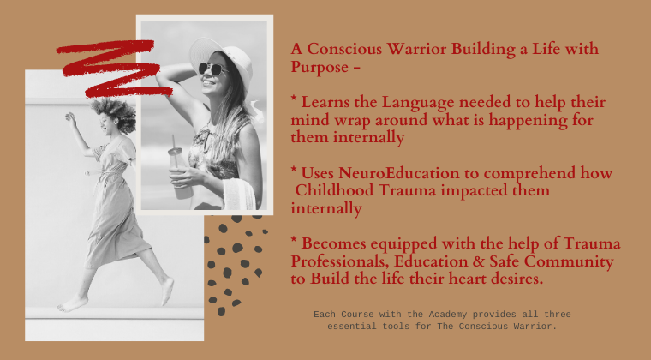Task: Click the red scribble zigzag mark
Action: [114, 68]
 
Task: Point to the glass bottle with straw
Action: [177, 168]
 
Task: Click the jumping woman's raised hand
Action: [71, 118]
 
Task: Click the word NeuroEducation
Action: [398, 173]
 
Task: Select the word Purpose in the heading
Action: [320, 67]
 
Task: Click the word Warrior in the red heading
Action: [416, 49]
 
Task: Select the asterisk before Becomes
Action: [294, 239]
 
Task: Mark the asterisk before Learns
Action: [294, 99]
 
